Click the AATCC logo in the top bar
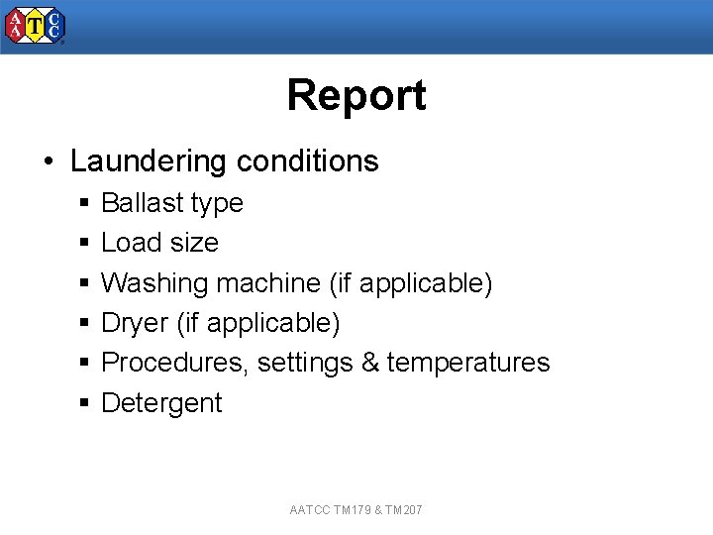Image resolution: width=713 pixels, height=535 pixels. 35,27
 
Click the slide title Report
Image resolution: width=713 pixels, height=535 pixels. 356,95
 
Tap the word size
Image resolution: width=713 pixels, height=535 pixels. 192,243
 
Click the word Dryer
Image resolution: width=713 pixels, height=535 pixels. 132,323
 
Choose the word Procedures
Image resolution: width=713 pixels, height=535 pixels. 174,363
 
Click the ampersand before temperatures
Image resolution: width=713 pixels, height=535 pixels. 369,363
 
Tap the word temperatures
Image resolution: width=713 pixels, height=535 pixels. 468,363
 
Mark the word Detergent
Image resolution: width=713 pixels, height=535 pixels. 161,403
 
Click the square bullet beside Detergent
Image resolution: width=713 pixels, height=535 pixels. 85,403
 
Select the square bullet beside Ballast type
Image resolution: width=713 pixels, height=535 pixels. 85,203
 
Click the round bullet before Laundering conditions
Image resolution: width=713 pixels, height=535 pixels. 49,161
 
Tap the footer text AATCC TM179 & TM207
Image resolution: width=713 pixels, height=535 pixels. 356,510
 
